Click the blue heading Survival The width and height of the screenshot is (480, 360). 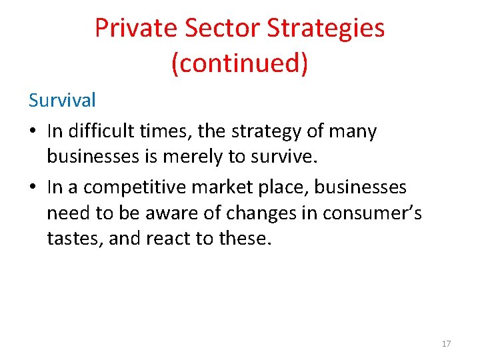62,100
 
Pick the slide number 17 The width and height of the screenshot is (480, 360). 446,343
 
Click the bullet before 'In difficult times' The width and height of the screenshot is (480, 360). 33,132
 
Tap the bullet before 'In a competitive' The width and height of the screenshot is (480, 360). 33,188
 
